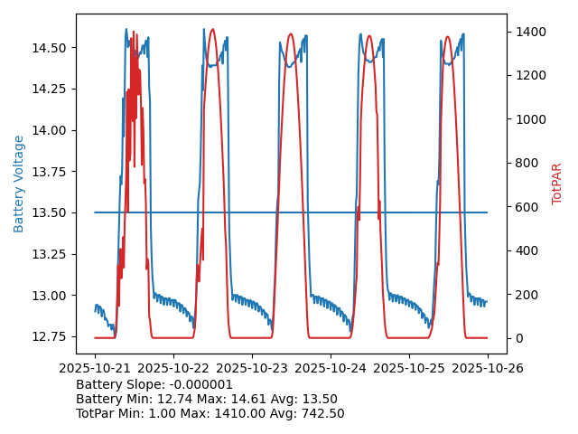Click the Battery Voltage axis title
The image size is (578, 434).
click(19, 184)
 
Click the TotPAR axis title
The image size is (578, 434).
click(557, 184)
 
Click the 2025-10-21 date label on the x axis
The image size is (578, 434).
click(95, 369)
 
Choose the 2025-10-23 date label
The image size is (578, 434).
click(252, 369)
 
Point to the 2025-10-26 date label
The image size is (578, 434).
click(488, 369)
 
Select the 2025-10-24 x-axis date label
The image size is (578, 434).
click(331, 369)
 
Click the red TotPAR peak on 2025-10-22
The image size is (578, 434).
click(212, 29)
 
